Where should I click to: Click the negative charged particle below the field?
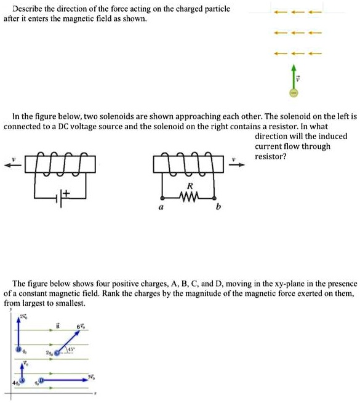pyautogui.click(x=294, y=94)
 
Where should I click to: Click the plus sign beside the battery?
pyautogui.click(x=66, y=193)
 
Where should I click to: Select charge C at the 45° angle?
pyautogui.click(x=58, y=353)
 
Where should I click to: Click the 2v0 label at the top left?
pyautogui.click(x=22, y=317)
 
